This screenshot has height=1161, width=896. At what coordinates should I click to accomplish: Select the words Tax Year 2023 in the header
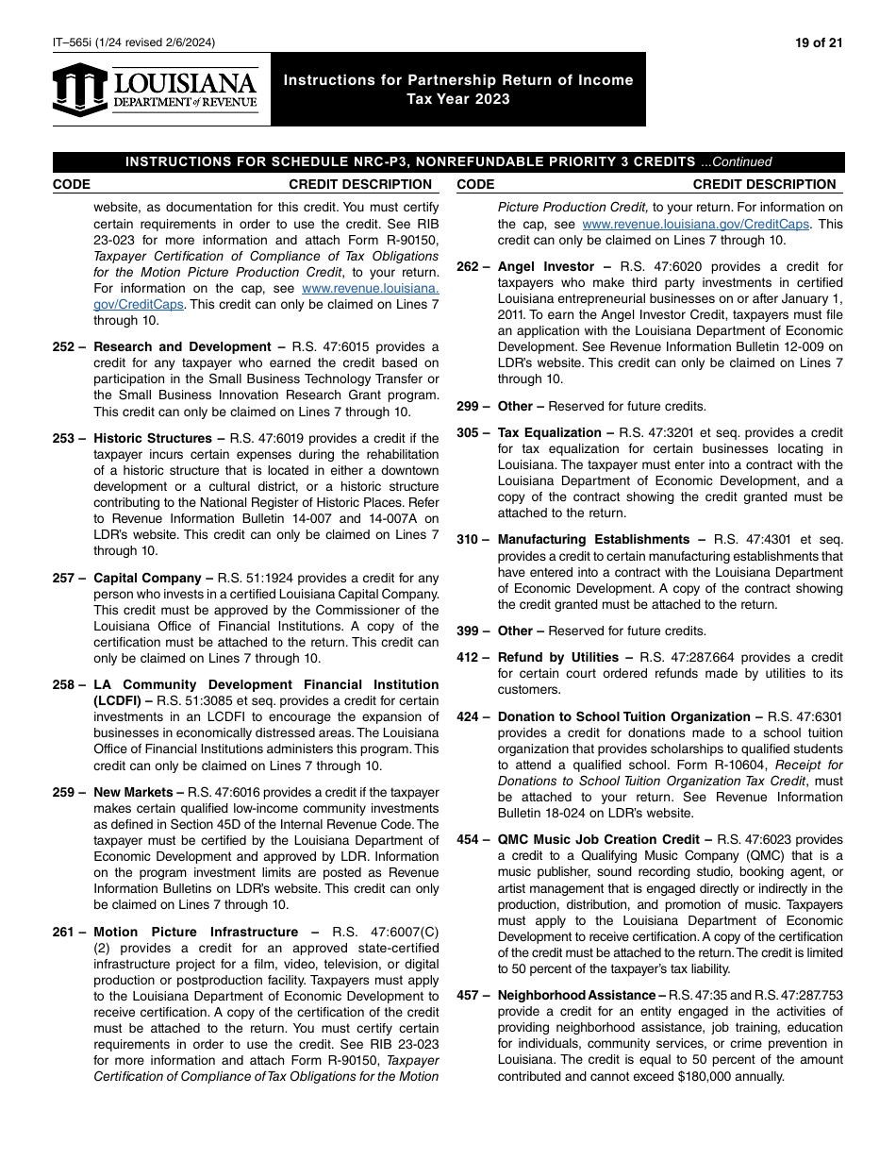click(458, 99)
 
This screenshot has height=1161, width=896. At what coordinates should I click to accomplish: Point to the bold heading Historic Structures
click(153, 439)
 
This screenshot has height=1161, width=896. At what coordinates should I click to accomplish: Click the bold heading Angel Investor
click(546, 267)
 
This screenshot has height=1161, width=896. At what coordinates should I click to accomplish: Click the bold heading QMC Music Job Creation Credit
click(600, 840)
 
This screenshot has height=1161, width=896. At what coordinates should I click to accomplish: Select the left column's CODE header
click(72, 185)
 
